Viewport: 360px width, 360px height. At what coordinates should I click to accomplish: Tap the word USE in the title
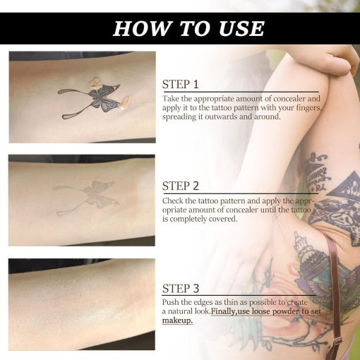[241, 28]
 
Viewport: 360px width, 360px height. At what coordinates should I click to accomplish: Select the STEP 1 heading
[181, 84]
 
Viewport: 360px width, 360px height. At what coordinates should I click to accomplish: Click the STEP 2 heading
[181, 186]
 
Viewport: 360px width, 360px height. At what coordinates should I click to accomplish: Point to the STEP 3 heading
[181, 289]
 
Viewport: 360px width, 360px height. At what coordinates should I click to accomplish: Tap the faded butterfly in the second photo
[86, 197]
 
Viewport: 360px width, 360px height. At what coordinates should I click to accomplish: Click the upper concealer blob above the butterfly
[96, 83]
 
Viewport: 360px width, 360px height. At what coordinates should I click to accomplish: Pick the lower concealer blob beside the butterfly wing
[124, 103]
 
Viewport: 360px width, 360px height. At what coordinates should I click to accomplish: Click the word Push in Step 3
[170, 302]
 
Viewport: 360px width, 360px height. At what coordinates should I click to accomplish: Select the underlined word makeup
[177, 320]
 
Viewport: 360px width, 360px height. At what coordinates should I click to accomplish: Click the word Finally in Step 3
[223, 311]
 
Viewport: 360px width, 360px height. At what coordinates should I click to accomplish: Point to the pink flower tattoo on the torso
[282, 288]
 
